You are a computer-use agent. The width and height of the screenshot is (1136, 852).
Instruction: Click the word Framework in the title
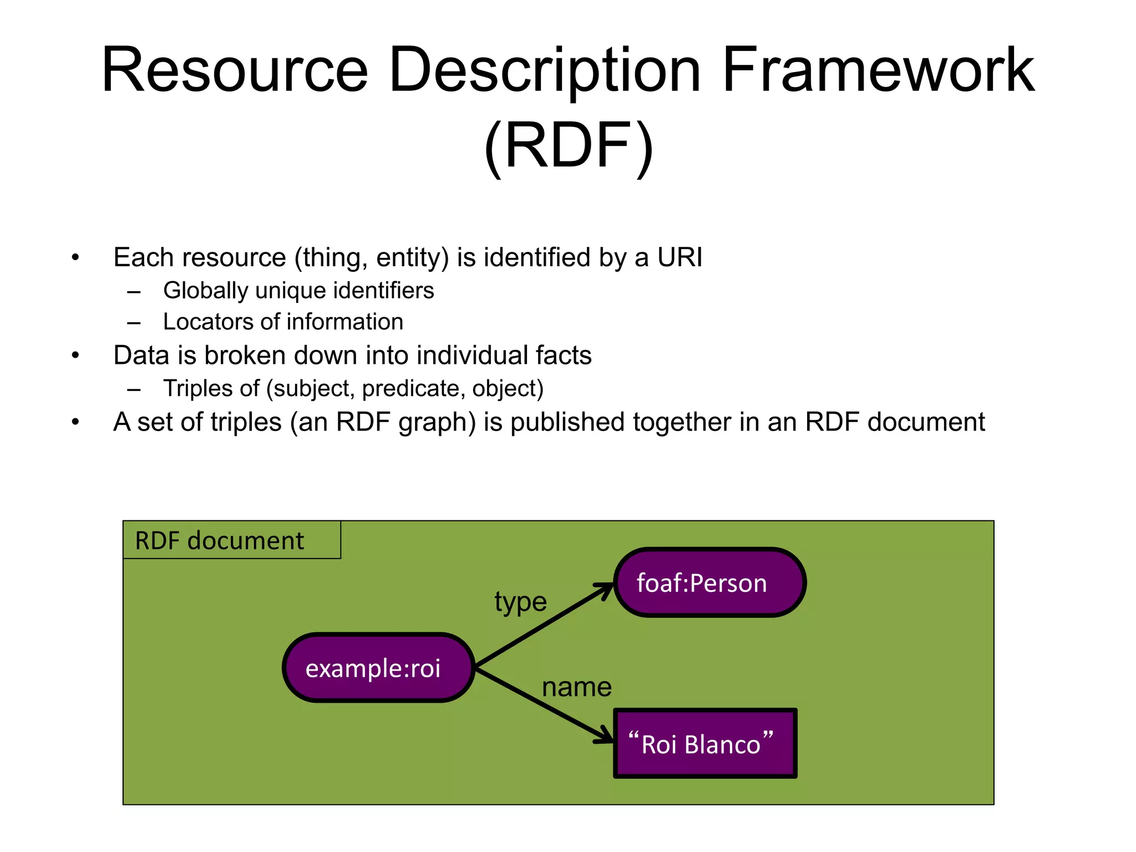(878, 71)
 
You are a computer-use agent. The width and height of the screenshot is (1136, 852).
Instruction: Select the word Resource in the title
(235, 71)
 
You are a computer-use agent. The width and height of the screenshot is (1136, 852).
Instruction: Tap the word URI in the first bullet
(679, 257)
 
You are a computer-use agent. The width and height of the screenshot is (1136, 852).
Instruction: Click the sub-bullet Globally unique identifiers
(298, 291)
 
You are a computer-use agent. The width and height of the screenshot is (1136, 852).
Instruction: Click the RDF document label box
(231, 540)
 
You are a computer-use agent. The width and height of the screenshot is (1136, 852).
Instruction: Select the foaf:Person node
(709, 582)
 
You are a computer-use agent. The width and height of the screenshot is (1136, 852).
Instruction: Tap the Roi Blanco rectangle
(705, 743)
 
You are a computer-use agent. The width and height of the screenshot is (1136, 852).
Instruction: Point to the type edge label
(520, 602)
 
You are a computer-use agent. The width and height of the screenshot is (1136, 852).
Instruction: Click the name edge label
(576, 687)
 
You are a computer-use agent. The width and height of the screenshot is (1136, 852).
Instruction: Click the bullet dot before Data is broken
(75, 356)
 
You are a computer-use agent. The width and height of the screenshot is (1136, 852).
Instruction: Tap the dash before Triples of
(134, 389)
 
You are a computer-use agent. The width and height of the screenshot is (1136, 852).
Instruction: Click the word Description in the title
(545, 71)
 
